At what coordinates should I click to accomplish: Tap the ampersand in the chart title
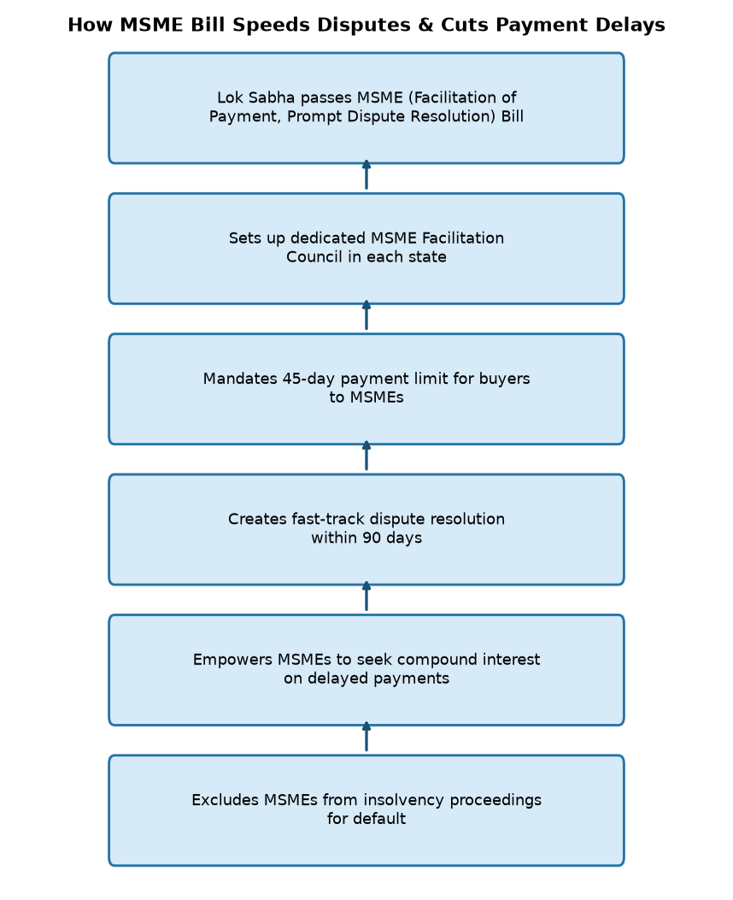tap(425, 26)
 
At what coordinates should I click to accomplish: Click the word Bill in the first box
tap(513, 116)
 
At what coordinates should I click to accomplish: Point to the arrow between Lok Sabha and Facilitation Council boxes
tap(366, 175)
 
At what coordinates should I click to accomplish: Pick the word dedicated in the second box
tap(328, 238)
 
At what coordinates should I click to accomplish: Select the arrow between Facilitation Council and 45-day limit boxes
tap(366, 315)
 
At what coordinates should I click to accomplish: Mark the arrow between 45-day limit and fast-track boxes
tap(366, 456)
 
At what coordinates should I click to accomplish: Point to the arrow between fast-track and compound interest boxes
tap(366, 597)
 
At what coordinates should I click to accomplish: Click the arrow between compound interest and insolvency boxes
tap(366, 737)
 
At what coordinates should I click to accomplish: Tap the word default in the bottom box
tap(379, 819)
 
